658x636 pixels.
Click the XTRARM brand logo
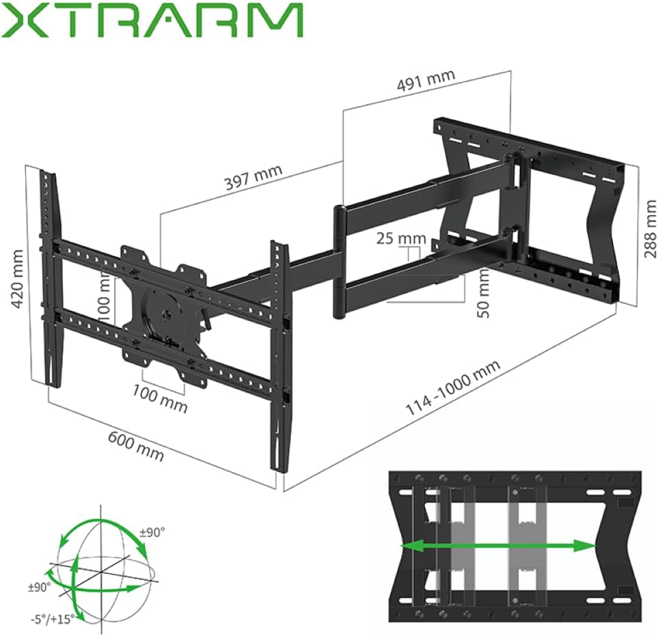152,20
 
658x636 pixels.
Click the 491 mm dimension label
426,81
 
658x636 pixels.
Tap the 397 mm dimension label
253,179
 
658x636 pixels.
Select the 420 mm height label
18,279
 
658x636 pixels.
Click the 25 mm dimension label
400,239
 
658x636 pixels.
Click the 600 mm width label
136,446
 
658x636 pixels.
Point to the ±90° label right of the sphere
152,531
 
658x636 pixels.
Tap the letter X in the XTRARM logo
25,20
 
